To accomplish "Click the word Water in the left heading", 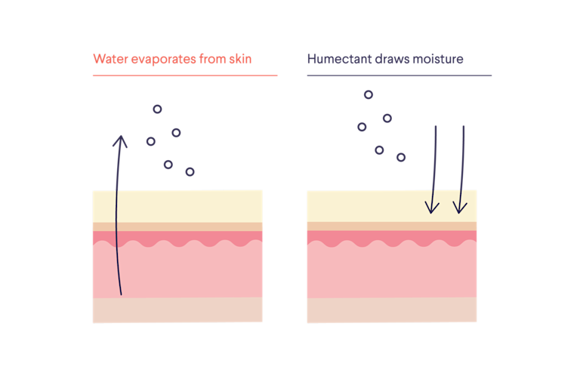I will [x=108, y=59].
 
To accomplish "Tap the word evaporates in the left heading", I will [x=157, y=59].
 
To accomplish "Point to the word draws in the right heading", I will [x=391, y=59].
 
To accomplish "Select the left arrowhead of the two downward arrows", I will [x=433, y=207].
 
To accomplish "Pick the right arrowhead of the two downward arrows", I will [x=460, y=207].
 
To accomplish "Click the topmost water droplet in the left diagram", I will [x=157, y=109].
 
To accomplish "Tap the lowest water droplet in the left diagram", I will [x=190, y=172].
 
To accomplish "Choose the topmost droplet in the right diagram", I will [x=369, y=94].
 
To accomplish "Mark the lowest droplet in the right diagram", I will [x=401, y=157].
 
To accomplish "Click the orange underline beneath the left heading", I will [x=185, y=76].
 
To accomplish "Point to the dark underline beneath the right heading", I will [x=400, y=76].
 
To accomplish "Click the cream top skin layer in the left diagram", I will [x=189, y=205].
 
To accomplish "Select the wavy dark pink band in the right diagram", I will [x=392, y=238].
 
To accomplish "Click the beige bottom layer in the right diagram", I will [x=392, y=310].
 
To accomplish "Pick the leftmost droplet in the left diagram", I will [x=151, y=141].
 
